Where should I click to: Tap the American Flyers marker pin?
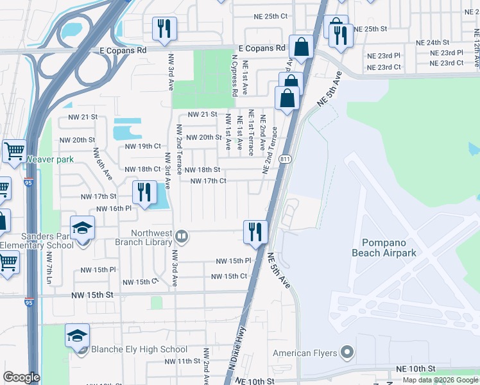347,352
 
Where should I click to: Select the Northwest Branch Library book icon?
182,237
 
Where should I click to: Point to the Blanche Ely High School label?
139,350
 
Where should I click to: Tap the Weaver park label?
50,159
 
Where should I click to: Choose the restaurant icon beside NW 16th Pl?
144,191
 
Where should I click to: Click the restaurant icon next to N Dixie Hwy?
255,231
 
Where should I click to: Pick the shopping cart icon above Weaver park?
14,151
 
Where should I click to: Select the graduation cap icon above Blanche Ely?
77,335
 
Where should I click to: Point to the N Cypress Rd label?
236,79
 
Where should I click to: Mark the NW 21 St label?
83,117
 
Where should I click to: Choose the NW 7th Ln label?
49,268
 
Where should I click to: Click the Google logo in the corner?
21,377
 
